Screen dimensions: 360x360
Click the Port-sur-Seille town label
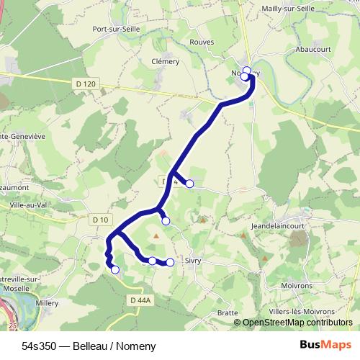click(x=116, y=29)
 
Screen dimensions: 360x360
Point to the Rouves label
click(x=202, y=42)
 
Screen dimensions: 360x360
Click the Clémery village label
click(x=166, y=61)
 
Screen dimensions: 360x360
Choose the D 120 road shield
click(x=85, y=84)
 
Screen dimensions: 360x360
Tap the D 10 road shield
click(x=100, y=219)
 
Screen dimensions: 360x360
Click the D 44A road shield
click(x=140, y=299)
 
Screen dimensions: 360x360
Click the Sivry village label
click(x=192, y=261)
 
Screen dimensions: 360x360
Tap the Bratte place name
click(x=228, y=313)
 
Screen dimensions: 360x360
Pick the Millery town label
click(x=48, y=303)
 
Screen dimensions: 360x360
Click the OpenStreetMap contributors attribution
click(x=297, y=323)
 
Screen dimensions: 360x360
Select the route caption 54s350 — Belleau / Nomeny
click(x=78, y=346)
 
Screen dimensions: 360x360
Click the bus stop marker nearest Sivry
click(x=171, y=263)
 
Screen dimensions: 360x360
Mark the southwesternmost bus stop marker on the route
click(x=114, y=270)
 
